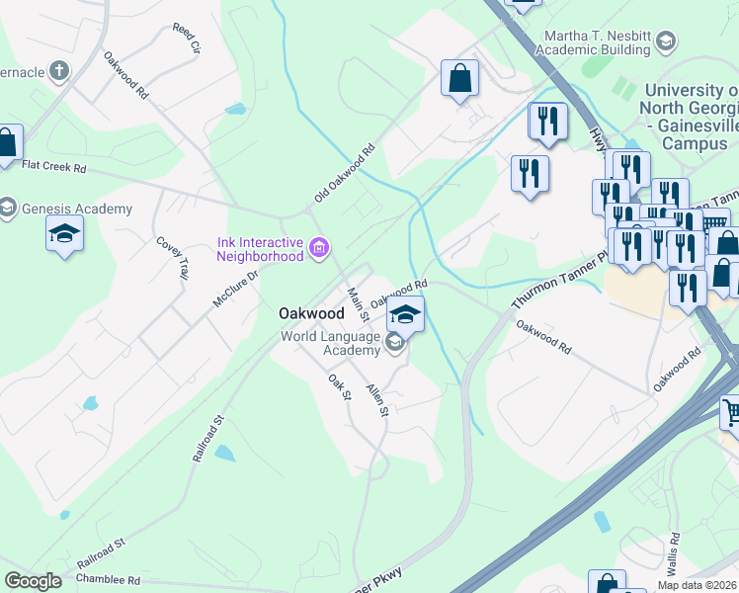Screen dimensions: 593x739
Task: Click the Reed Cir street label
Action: tap(185, 39)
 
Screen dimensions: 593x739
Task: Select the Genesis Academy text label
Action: tap(76, 210)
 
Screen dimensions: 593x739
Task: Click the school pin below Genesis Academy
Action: tap(64, 235)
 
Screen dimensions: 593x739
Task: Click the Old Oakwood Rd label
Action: tap(345, 175)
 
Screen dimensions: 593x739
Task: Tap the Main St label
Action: tap(358, 303)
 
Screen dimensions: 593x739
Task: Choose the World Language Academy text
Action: tap(331, 343)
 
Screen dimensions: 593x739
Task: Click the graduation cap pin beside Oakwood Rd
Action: tap(405, 314)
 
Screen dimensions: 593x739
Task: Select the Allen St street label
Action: tap(376, 406)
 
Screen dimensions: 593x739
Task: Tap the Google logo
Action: tap(34, 580)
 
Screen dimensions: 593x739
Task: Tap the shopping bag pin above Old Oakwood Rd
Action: tap(459, 78)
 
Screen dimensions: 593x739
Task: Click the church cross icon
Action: tap(58, 71)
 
